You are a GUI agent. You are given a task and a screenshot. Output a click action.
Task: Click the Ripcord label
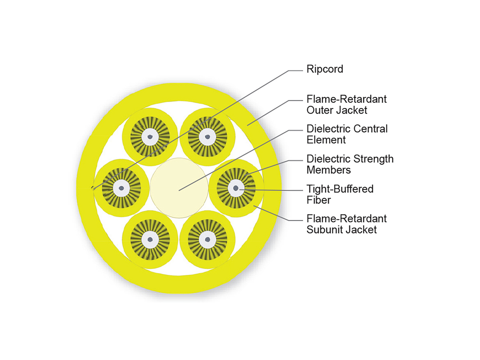(x=324, y=69)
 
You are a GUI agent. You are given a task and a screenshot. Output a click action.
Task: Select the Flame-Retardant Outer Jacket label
(x=346, y=104)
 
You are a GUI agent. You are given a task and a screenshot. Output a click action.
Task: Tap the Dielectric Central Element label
(x=347, y=134)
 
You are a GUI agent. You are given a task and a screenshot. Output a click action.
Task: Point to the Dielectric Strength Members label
(x=350, y=164)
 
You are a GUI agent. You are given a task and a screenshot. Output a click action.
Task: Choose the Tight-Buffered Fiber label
(x=340, y=194)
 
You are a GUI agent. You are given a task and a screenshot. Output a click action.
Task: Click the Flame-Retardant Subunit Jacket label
(x=346, y=224)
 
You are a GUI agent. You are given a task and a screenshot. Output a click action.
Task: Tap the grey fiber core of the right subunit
(x=236, y=188)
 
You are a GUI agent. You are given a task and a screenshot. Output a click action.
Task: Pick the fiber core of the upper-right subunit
(x=207, y=137)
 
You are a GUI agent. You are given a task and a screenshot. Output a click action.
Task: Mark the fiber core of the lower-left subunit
(x=150, y=239)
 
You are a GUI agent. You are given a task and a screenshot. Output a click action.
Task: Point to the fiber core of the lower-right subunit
(x=207, y=239)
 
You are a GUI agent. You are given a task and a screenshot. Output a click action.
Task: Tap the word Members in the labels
(x=328, y=170)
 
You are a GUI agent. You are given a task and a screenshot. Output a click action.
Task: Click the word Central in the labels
(x=370, y=129)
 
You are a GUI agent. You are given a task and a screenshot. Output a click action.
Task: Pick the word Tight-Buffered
(x=340, y=189)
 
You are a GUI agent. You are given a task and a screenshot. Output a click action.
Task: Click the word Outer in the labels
(x=319, y=109)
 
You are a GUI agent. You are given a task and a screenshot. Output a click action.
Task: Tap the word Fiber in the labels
(x=318, y=199)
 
